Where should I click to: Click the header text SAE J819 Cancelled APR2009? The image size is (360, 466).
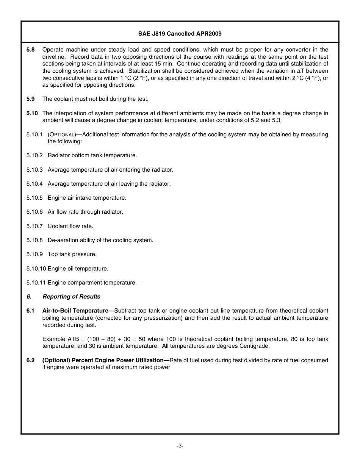(x=180, y=34)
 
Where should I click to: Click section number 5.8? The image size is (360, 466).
(x=31, y=50)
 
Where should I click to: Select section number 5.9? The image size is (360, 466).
(x=31, y=99)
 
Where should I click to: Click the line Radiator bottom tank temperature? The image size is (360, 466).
(x=92, y=155)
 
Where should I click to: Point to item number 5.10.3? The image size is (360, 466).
(x=34, y=170)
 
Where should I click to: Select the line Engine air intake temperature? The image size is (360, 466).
(x=87, y=198)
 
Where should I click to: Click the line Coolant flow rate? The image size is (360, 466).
(x=70, y=226)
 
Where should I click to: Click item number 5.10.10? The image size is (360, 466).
(x=36, y=269)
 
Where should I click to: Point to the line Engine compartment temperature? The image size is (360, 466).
(x=92, y=283)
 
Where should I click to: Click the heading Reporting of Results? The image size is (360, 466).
(x=71, y=297)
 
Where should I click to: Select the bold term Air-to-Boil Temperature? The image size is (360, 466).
(x=78, y=311)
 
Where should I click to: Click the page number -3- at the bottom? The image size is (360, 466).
(x=180, y=446)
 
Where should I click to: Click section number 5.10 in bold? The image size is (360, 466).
(x=32, y=113)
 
